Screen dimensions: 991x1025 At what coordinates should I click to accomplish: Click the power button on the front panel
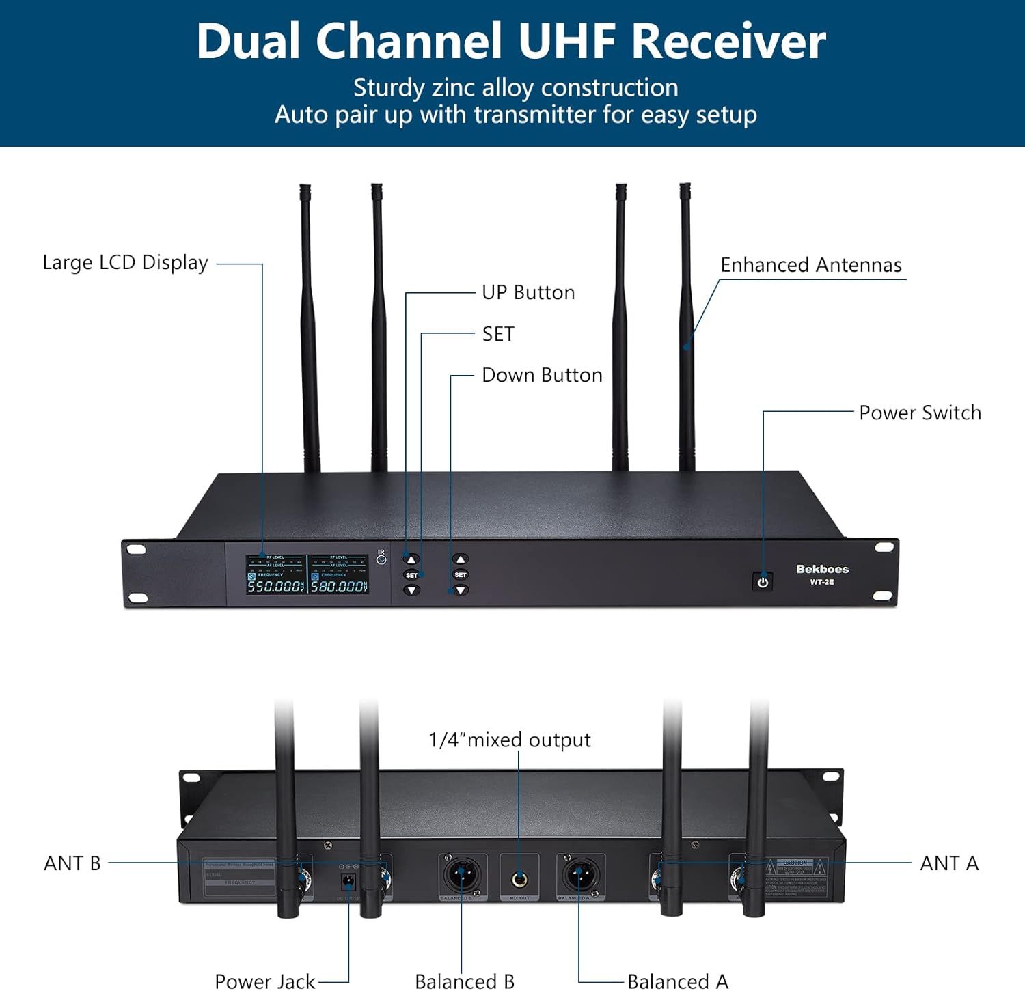(763, 582)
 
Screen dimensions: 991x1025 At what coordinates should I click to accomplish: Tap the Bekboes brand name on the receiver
(822, 569)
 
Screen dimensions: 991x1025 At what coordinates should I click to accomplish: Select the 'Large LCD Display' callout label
(125, 263)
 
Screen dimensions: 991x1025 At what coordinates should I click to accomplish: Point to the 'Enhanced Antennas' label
(811, 265)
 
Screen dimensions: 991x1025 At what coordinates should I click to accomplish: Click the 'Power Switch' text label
(920, 413)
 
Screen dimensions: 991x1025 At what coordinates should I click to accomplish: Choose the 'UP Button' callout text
(528, 292)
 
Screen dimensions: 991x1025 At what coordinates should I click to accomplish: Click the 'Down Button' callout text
(542, 375)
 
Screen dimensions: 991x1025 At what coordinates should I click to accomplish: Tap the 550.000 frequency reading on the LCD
(274, 586)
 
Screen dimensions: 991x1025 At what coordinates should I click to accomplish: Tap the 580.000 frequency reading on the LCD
(338, 586)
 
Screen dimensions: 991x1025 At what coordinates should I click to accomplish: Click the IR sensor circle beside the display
(381, 560)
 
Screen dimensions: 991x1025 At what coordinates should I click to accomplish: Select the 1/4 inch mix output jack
(519, 878)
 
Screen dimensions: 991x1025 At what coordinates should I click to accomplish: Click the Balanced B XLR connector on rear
(462, 875)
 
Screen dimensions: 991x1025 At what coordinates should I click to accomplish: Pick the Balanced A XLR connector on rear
(579, 875)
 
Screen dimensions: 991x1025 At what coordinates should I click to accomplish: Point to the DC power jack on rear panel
(348, 880)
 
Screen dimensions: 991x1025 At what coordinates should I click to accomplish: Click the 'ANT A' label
(949, 863)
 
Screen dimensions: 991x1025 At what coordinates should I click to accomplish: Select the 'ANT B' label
(72, 863)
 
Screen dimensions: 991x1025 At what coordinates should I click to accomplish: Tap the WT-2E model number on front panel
(822, 582)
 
